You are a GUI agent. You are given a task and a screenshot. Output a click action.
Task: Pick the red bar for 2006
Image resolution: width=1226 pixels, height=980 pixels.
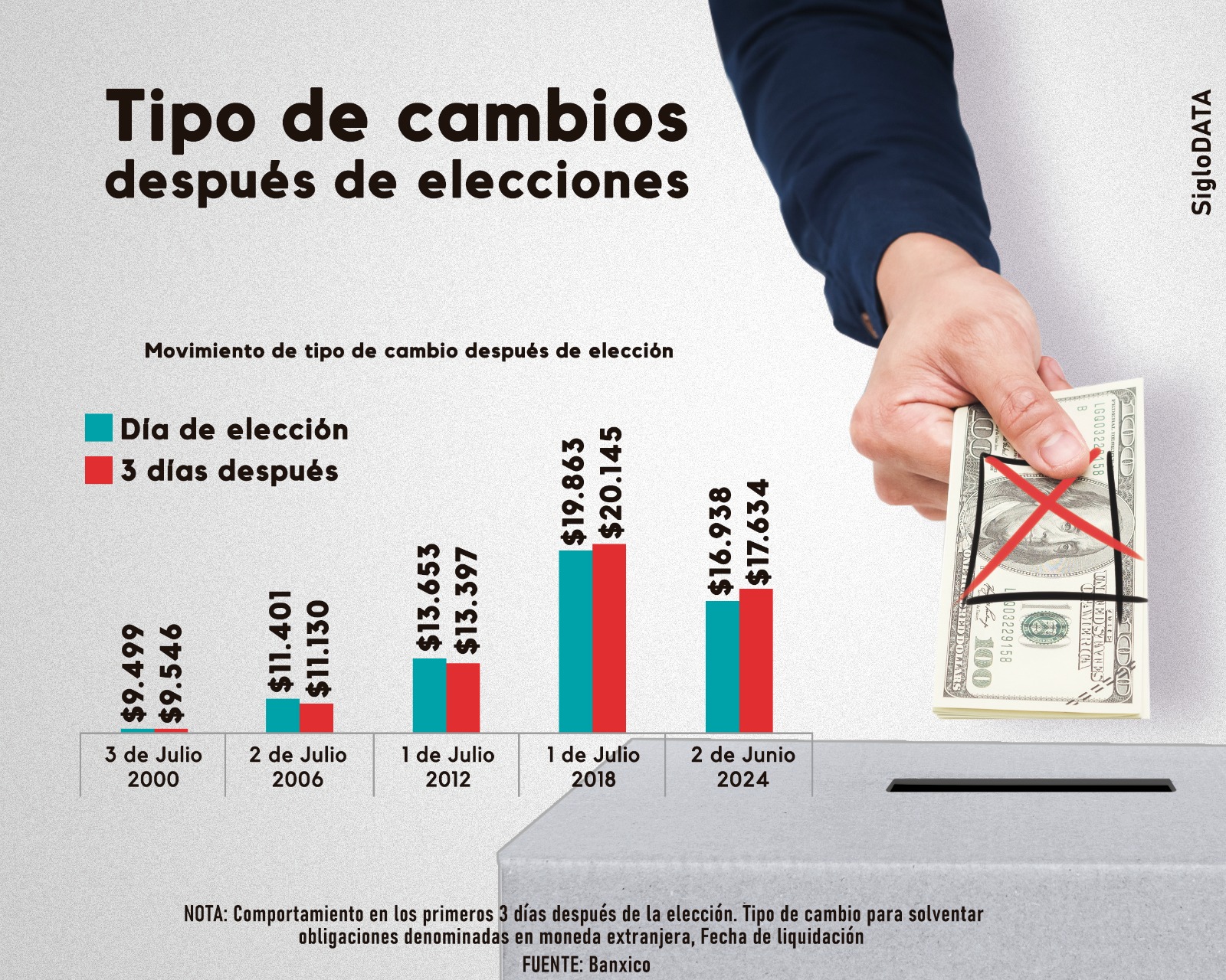[x=316, y=717]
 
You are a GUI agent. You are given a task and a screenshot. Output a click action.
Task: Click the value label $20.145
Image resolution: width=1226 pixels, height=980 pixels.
[x=611, y=483]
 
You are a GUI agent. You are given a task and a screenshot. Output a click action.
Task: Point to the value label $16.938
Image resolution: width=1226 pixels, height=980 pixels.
[x=721, y=541]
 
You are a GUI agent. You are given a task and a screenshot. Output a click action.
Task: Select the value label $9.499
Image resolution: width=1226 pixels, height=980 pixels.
[x=134, y=673]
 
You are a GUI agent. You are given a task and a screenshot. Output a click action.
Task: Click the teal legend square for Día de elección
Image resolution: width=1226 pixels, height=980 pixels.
[x=99, y=428]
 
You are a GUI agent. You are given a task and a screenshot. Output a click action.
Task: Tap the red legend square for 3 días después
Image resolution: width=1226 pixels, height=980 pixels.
[x=99, y=470]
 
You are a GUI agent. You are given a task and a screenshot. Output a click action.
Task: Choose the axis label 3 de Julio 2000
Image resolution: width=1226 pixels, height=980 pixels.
[x=153, y=766]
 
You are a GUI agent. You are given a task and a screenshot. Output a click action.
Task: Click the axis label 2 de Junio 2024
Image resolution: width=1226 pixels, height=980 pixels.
[x=742, y=766]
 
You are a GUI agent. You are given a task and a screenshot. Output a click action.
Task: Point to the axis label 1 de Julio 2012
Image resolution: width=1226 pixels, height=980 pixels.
[x=447, y=766]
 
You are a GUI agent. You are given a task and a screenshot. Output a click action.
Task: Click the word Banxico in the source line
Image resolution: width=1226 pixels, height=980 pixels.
[x=619, y=965]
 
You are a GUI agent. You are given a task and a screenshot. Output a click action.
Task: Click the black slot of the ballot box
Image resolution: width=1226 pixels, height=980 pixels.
[x=1031, y=786]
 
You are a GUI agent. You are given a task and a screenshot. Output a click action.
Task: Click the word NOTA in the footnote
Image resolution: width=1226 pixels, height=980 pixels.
[x=205, y=914]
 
